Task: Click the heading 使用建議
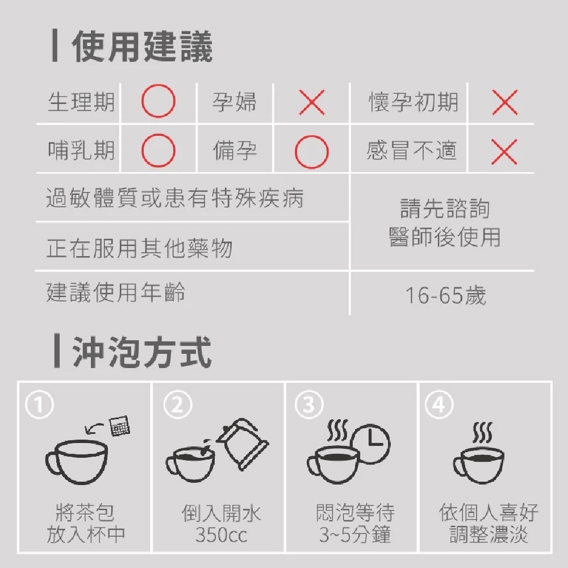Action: click(142, 47)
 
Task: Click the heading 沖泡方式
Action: click(142, 352)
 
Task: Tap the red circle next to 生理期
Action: click(158, 103)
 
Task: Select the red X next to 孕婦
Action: click(311, 103)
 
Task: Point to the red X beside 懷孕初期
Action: click(504, 103)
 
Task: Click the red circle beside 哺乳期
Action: click(158, 151)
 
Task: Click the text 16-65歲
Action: click(445, 295)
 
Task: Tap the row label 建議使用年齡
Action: click(116, 293)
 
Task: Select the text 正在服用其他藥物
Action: click(139, 248)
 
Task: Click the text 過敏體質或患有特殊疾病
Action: click(175, 199)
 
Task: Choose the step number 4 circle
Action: click(439, 405)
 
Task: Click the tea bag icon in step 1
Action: click(119, 425)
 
